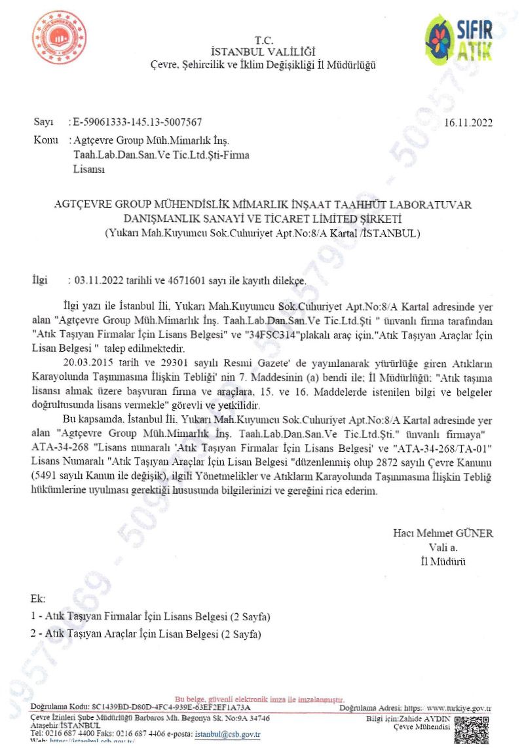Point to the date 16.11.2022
pos(468,123)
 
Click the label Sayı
pos(43,122)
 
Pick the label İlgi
pos(41,280)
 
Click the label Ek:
pos(38,599)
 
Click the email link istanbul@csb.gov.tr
pos(227,735)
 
